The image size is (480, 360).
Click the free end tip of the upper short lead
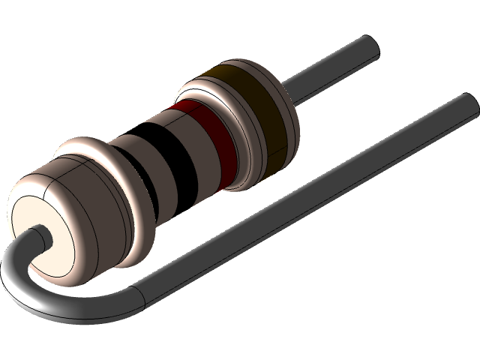click(x=373, y=49)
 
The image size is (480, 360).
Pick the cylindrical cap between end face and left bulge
click(x=75, y=217)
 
